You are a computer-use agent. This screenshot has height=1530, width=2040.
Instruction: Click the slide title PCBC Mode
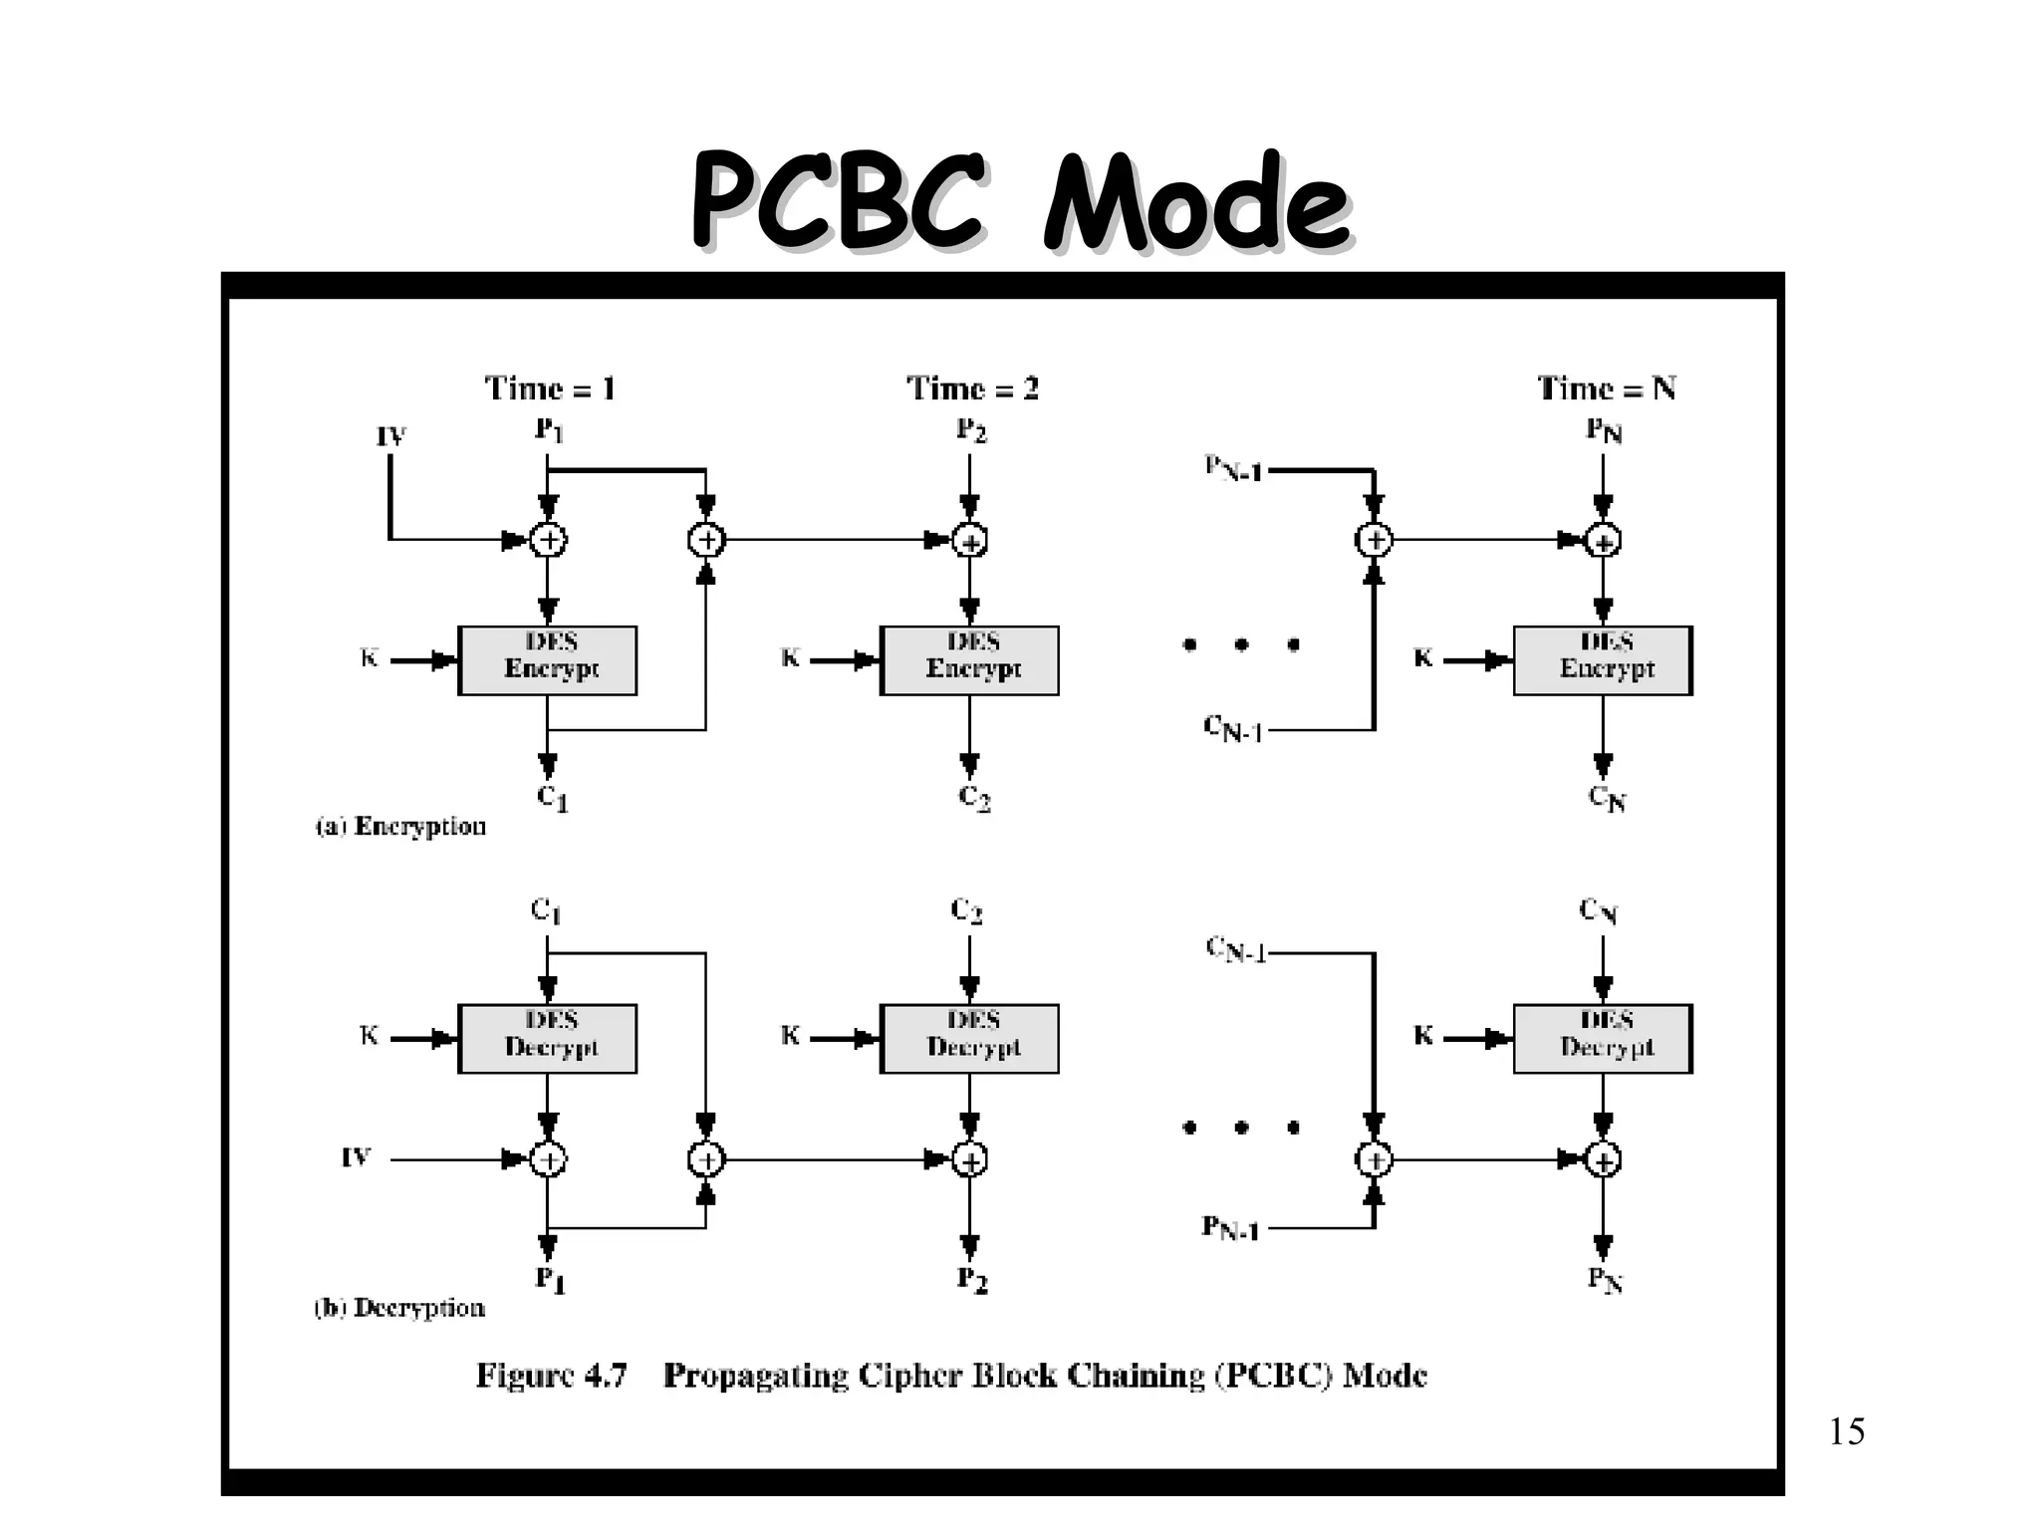tap(1020, 202)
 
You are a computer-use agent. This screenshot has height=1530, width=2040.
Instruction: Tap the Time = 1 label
tap(550, 388)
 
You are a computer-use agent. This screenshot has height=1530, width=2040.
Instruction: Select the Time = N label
tap(1606, 388)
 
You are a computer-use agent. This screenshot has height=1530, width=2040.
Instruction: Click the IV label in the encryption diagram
tap(390, 436)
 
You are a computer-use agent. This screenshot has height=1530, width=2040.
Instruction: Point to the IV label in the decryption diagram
tap(356, 1157)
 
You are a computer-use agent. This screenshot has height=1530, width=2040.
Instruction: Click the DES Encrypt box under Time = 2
tap(969, 659)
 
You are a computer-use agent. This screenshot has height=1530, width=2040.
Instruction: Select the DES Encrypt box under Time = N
tap(1603, 659)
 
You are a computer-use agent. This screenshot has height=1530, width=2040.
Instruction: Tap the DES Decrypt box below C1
tap(547, 1038)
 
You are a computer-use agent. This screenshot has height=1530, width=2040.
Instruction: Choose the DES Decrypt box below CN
tap(1603, 1038)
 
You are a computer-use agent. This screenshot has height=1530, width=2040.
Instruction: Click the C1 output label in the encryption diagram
tap(551, 797)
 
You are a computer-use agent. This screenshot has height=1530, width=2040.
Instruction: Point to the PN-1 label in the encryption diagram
tap(1232, 468)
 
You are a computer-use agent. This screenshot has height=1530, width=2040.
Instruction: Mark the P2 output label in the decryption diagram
tap(972, 1279)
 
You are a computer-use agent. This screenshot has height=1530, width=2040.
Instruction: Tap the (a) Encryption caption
tap(400, 827)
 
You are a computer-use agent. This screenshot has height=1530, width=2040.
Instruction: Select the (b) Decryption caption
tap(399, 1308)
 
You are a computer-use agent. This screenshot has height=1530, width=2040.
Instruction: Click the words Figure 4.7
tap(551, 1376)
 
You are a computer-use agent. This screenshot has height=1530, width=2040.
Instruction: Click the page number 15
tap(1846, 1432)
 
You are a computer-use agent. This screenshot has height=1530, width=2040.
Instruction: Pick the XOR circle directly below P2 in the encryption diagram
tap(969, 541)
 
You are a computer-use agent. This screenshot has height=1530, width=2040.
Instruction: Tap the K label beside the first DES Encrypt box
tap(369, 658)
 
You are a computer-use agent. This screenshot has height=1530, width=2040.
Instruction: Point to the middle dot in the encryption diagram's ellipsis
tap(1241, 644)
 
